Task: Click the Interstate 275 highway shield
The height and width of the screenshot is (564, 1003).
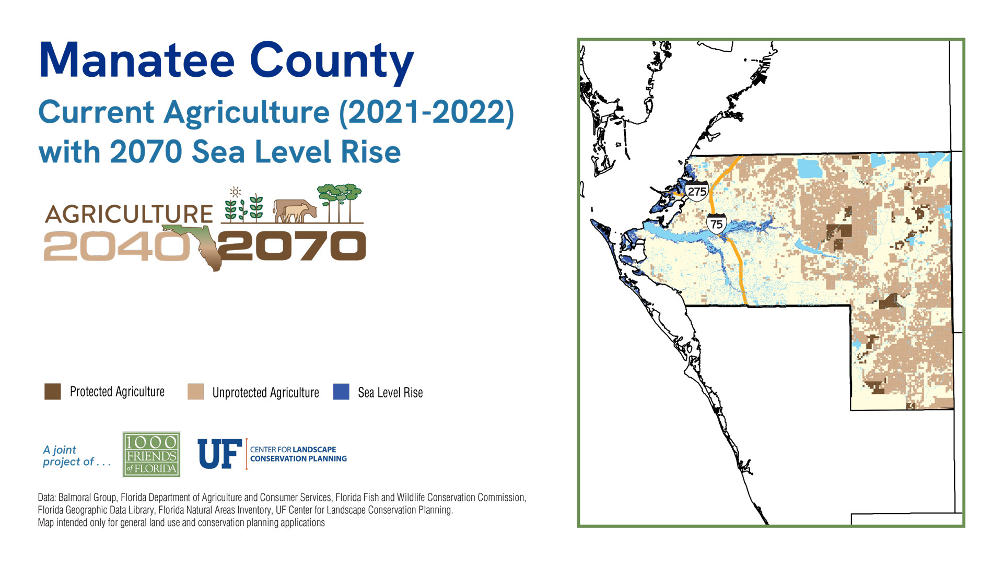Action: pyautogui.click(x=697, y=191)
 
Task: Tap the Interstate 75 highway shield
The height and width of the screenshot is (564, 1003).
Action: pyautogui.click(x=716, y=224)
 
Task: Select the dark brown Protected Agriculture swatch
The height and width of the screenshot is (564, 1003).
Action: pyautogui.click(x=53, y=392)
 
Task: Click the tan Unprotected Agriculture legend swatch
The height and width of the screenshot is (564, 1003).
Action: pyautogui.click(x=195, y=392)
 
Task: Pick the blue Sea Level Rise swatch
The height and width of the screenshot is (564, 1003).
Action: pyautogui.click(x=341, y=392)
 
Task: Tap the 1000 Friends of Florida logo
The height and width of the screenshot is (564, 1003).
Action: pyautogui.click(x=151, y=454)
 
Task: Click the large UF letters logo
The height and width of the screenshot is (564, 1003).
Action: pyautogui.click(x=219, y=454)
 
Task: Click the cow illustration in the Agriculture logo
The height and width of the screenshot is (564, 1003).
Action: pyautogui.click(x=295, y=210)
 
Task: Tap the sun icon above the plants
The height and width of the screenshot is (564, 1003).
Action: pyautogui.click(x=236, y=192)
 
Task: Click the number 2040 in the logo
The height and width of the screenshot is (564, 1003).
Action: pyautogui.click(x=116, y=246)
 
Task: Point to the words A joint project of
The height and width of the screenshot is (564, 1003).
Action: pyautogui.click(x=76, y=456)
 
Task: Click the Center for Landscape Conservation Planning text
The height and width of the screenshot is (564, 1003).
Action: pyautogui.click(x=298, y=454)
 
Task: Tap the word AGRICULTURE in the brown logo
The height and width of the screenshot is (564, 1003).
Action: pyautogui.click(x=129, y=214)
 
